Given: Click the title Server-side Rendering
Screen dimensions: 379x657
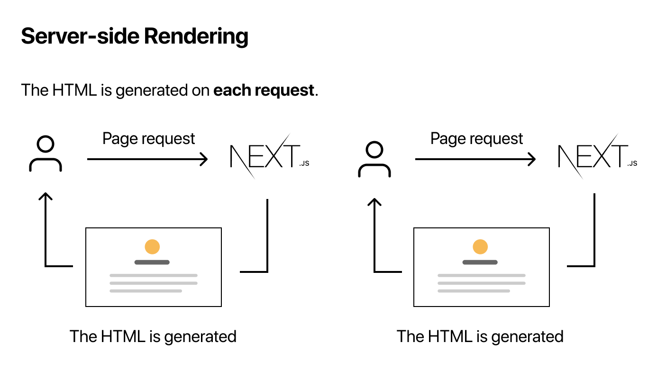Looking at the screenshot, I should (135, 36).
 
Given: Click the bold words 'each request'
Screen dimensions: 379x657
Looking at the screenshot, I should (264, 90).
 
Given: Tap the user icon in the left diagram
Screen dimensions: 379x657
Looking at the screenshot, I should (46, 154).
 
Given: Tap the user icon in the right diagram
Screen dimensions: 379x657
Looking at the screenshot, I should (374, 160).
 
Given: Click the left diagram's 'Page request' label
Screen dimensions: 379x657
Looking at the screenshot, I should (149, 139).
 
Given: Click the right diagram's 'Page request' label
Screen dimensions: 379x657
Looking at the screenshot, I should (476, 139).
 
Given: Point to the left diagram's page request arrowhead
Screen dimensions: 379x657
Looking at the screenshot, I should (204, 159).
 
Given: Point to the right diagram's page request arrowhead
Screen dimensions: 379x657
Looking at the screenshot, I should (532, 159).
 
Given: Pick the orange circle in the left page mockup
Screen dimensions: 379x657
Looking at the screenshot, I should (152, 247).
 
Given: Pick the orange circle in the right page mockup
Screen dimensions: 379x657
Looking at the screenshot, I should (480, 247).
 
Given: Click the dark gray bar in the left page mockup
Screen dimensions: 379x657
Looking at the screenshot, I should (152, 262).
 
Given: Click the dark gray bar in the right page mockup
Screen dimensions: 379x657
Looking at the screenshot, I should (480, 262).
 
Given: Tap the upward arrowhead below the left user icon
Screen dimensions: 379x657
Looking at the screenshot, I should (45, 196).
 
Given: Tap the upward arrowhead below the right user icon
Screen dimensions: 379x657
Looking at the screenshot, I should (374, 201).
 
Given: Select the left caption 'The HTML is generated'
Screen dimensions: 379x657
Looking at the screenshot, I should (153, 336).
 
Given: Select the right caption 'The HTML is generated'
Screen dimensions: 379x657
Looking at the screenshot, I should (480, 336).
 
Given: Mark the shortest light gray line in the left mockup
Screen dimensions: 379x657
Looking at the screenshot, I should (146, 291).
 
